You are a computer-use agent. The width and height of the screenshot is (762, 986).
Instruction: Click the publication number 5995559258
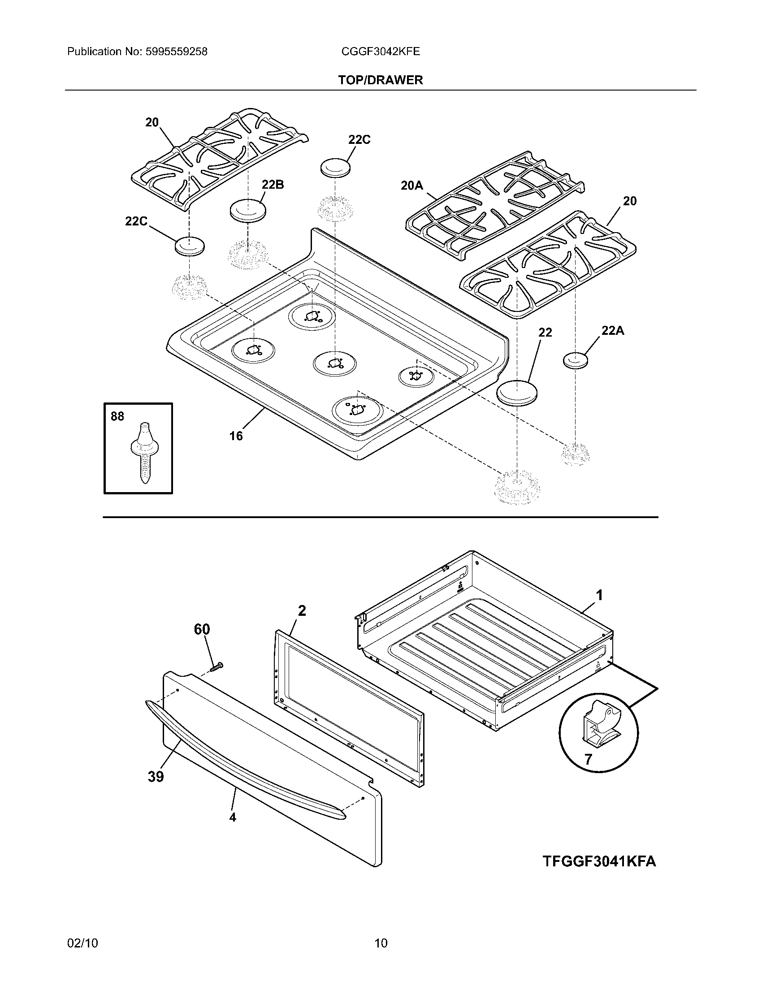[x=176, y=52]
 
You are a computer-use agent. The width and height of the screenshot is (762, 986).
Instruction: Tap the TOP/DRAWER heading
[x=381, y=80]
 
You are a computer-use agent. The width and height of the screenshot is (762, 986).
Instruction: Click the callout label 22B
[x=273, y=185]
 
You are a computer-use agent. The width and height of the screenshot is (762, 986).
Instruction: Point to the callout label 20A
[x=411, y=185]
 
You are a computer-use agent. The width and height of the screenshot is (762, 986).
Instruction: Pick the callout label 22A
[x=613, y=331]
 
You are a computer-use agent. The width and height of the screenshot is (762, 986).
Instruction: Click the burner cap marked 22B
[x=248, y=210]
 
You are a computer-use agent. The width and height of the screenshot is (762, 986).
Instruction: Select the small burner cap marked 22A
[x=576, y=361]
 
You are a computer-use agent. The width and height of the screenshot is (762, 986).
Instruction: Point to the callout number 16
[x=236, y=436]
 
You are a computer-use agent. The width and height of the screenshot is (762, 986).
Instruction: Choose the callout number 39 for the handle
[x=155, y=777]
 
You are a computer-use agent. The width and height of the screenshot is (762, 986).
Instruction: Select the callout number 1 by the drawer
[x=599, y=596]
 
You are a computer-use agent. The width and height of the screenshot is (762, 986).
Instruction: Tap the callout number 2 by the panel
[x=302, y=611]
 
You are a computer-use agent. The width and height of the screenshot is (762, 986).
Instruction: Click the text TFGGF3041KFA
[x=599, y=861]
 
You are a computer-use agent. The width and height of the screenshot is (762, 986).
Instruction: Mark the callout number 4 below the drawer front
[x=233, y=817]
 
